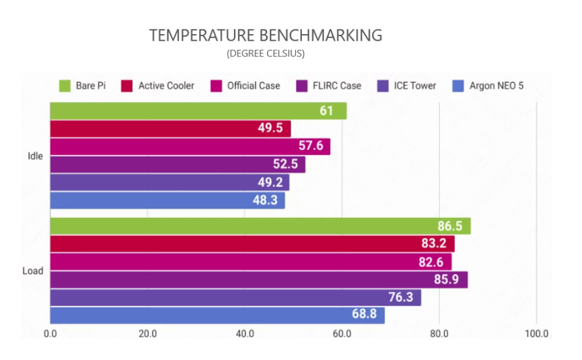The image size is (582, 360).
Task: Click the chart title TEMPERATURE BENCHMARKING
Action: [266, 35]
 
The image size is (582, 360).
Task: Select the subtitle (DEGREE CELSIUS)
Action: [266, 53]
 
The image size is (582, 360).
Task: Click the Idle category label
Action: [35, 156]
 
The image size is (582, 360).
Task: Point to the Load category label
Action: [33, 271]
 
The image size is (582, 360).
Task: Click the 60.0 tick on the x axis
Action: [342, 334]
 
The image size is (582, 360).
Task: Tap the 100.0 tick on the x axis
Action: [536, 334]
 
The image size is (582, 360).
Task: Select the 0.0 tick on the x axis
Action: [50, 334]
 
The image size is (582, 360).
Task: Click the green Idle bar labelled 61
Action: [198, 111]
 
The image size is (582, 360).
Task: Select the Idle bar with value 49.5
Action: [170, 129]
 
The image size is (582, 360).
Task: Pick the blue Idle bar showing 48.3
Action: [167, 200]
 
